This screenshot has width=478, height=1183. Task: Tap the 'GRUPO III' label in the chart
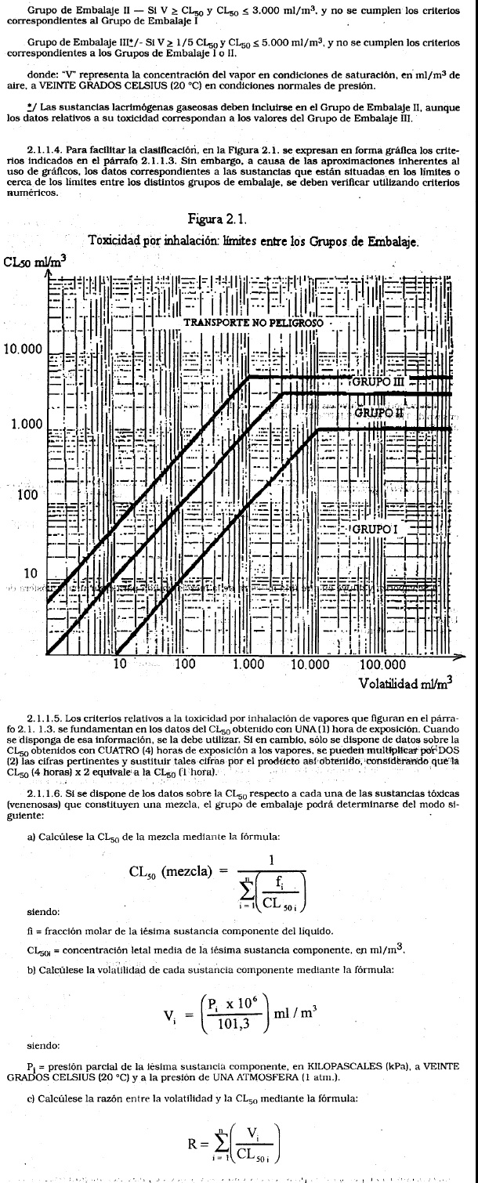(x=374, y=383)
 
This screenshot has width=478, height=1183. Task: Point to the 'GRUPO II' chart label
(x=380, y=411)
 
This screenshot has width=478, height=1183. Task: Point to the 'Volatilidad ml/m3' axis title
(x=407, y=682)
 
